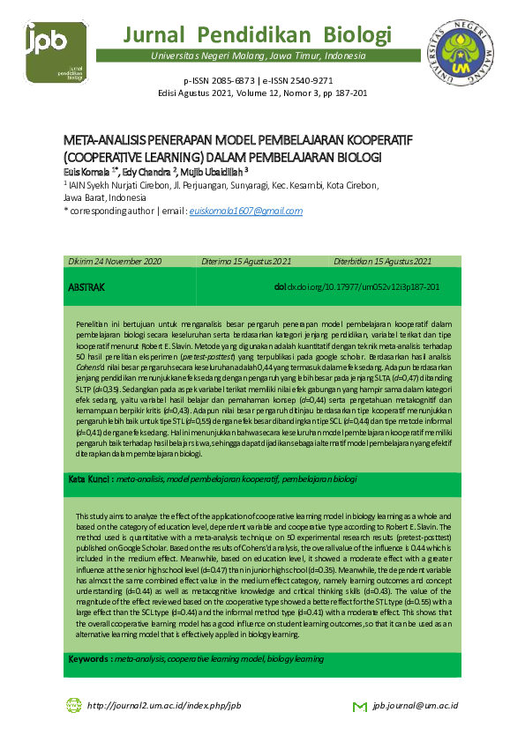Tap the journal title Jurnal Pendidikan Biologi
(258, 35)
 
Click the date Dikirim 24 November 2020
(116, 262)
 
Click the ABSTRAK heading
(86, 288)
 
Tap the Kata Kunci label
(89, 479)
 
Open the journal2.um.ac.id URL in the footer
(164, 706)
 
